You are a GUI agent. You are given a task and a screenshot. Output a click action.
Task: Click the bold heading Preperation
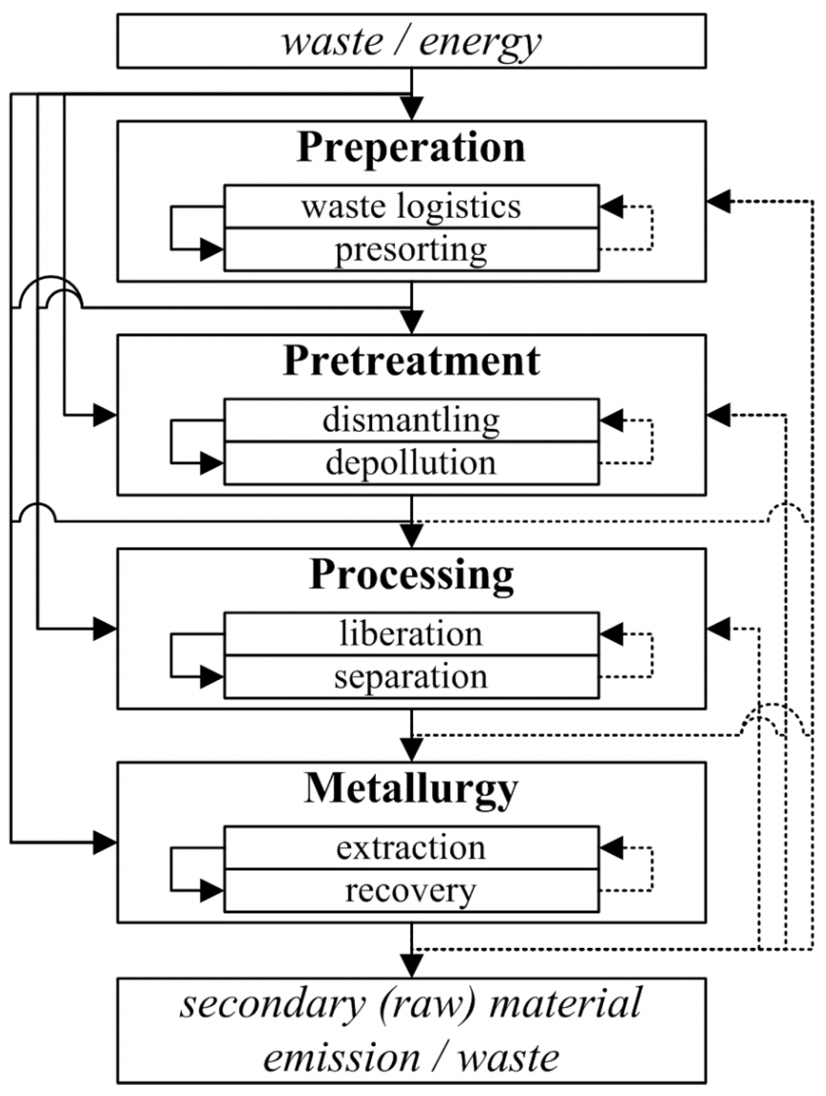411,147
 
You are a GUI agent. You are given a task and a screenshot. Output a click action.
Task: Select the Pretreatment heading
411,361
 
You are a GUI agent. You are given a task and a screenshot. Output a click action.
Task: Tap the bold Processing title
411,576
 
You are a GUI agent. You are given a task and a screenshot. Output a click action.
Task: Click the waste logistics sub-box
411,207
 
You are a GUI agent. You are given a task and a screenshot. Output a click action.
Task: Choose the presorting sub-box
411,249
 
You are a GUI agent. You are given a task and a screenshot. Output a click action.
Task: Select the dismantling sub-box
411,420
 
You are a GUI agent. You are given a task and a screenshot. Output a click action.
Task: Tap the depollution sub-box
411,463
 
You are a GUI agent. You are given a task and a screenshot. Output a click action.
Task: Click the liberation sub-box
411,634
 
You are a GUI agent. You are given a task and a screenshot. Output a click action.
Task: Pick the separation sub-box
411,677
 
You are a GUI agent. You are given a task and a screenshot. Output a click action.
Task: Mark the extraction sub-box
411,848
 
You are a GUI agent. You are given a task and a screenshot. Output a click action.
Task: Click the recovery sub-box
411,891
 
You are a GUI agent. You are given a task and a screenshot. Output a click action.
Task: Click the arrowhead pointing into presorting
212,249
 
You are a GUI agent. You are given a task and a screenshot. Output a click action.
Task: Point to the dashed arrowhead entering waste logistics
611,207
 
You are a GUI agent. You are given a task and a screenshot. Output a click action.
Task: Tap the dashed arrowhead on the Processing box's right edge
718,629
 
